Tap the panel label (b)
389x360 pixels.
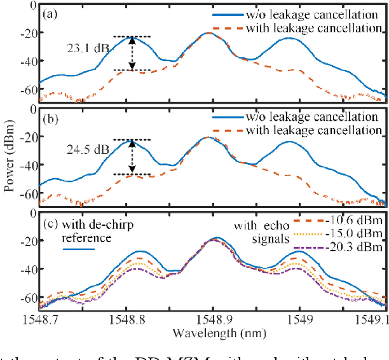pyautogui.click(x=51, y=117)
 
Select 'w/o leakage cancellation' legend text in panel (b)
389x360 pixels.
pyautogui.click(x=320, y=117)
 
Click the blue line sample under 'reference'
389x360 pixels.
pyautogui.click(x=79, y=249)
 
